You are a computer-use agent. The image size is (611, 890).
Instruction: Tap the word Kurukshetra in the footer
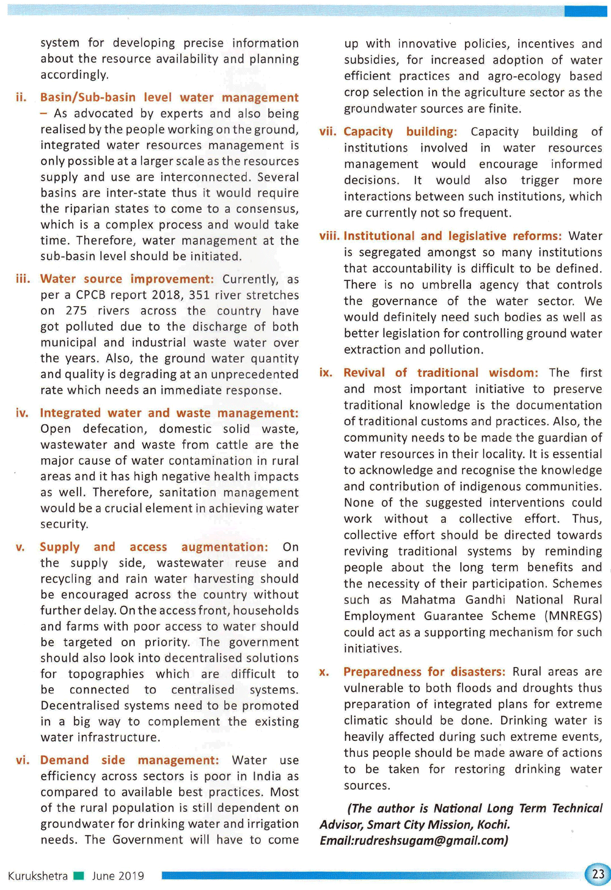(38, 876)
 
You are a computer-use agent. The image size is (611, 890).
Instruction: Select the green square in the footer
(78, 876)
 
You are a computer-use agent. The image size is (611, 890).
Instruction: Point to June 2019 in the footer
(118, 876)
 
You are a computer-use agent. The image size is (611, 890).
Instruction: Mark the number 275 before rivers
(76, 311)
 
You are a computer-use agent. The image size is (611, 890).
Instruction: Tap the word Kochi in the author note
(493, 825)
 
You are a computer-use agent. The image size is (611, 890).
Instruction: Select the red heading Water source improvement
(127, 279)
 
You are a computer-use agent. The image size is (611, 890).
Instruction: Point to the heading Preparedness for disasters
(424, 672)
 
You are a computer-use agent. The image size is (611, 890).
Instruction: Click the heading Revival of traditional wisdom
(441, 373)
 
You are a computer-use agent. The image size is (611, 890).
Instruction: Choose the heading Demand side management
(129, 760)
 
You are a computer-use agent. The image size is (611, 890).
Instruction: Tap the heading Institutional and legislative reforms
(452, 236)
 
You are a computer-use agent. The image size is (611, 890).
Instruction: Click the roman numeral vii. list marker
(327, 131)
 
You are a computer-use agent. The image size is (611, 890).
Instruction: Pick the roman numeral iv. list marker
(23, 413)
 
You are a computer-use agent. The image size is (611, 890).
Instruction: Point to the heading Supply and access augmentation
(153, 547)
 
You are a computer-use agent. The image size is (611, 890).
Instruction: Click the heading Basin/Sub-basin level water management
(169, 98)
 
